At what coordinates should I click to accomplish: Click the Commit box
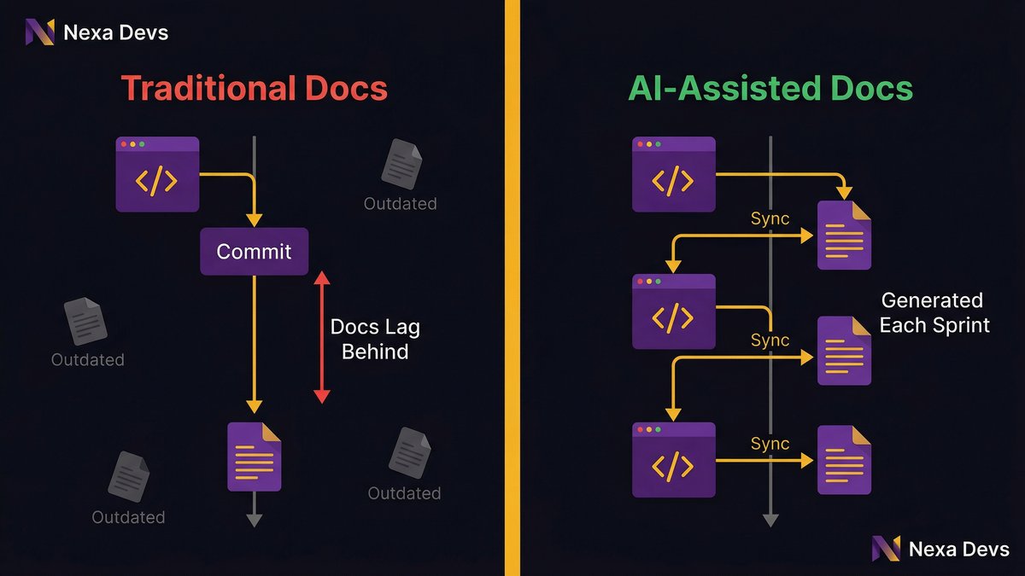coord(254,252)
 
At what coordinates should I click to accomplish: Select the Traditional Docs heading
coord(254,89)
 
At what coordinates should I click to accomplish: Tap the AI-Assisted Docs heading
coord(770,89)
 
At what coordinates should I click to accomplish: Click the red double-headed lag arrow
coord(321,337)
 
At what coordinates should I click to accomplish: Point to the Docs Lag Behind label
coord(375,340)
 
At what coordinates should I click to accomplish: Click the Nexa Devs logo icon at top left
coord(39,32)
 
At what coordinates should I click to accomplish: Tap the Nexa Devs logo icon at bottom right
coord(887,550)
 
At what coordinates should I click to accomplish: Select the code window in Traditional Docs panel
coord(157,174)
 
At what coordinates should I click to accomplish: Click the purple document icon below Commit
coord(254,457)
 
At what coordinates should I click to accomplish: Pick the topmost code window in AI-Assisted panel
coord(673,174)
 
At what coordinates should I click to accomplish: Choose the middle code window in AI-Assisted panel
coord(673,311)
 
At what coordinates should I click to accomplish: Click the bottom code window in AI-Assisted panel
coord(673,459)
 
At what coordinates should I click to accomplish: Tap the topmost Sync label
coord(770,218)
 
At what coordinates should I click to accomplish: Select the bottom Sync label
coord(770,444)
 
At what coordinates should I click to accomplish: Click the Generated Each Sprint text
coord(934,312)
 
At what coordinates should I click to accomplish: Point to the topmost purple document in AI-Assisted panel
coord(844,235)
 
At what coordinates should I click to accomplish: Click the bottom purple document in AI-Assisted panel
coord(844,460)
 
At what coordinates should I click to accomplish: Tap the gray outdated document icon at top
coord(401,164)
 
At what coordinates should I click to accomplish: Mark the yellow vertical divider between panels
coord(512,288)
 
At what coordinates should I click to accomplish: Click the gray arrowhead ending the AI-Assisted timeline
coord(770,520)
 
